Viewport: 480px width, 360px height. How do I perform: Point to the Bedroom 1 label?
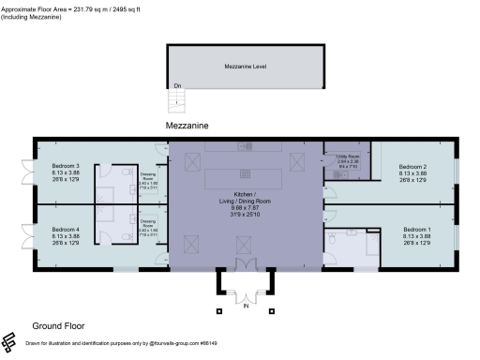pyautogui.click(x=417, y=230)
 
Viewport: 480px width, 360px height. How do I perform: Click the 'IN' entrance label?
pyautogui.click(x=246, y=305)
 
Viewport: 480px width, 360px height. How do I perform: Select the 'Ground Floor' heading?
pyautogui.click(x=59, y=326)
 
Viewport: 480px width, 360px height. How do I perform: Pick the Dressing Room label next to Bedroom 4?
pyautogui.click(x=148, y=226)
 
